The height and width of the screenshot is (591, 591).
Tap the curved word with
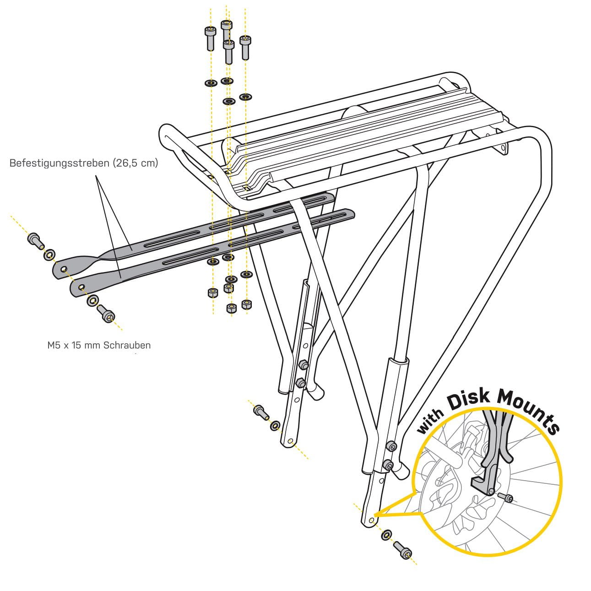[430, 422]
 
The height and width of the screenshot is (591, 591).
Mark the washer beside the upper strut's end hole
[49, 253]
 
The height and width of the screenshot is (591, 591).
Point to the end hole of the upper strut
[63, 268]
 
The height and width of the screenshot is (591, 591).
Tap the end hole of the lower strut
[81, 287]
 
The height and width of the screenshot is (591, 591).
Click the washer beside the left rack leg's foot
[275, 426]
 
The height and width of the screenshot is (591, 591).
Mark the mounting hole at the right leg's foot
[371, 521]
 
